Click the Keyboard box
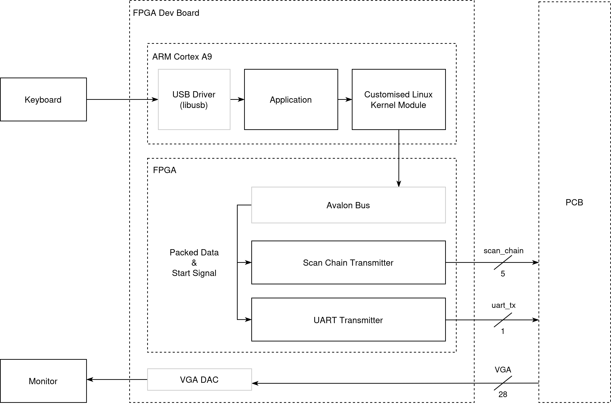[x=43, y=99]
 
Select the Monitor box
[x=43, y=381]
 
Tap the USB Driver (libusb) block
[x=194, y=99]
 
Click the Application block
[x=291, y=99]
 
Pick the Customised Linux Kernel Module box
[x=398, y=99]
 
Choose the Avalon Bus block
[x=348, y=205]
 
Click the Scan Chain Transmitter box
[x=348, y=262]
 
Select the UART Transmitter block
[x=348, y=320]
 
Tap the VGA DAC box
[x=199, y=379]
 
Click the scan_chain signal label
[x=503, y=251]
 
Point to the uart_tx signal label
[x=503, y=305]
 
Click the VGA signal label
[x=503, y=370]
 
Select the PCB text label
[x=574, y=202]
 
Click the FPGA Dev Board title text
[x=166, y=13]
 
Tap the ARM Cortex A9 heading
[x=182, y=56]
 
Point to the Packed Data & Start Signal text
[x=194, y=262]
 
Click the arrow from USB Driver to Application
[x=237, y=99]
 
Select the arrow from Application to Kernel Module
[x=345, y=99]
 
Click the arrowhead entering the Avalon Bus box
[x=399, y=184]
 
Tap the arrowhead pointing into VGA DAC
[x=255, y=383]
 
